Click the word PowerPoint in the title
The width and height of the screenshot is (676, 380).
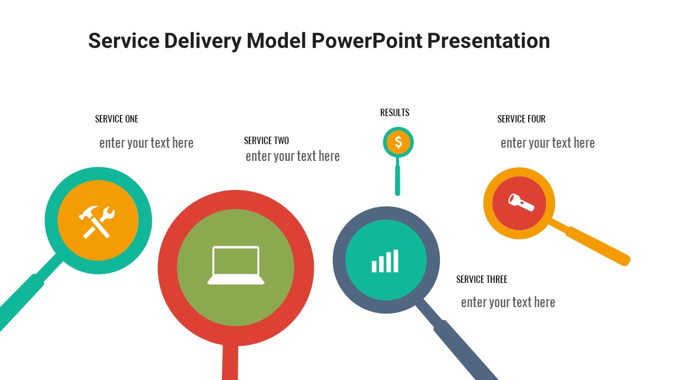click(x=366, y=41)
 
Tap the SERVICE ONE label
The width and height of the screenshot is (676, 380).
click(x=117, y=119)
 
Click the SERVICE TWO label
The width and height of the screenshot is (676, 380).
click(x=266, y=141)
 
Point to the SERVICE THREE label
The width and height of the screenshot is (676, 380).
click(x=482, y=280)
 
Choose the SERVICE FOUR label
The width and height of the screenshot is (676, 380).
click(x=521, y=119)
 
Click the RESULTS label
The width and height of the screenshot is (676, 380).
click(x=395, y=113)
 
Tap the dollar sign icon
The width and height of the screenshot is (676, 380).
click(x=398, y=142)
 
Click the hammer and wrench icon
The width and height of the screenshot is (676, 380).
click(x=97, y=221)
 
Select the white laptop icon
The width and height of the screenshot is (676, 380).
click(x=236, y=265)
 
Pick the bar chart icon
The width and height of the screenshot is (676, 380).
click(x=385, y=261)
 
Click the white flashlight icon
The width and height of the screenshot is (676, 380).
click(x=521, y=202)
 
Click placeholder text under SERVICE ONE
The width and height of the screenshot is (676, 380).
click(x=146, y=143)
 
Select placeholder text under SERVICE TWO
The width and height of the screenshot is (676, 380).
click(x=293, y=156)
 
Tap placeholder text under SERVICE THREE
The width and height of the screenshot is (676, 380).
click(x=508, y=302)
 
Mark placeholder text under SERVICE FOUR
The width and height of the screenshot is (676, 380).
click(x=548, y=143)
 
